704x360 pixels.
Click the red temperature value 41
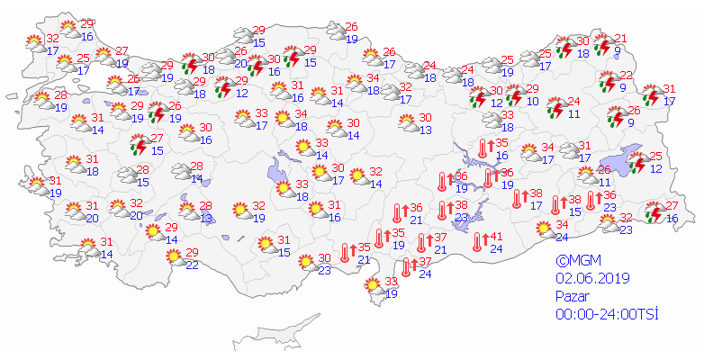[x=494, y=236]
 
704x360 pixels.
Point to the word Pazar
[x=572, y=295]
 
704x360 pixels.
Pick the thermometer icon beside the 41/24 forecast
[x=478, y=241]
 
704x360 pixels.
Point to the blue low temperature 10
[x=531, y=102]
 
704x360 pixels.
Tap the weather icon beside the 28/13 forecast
[x=187, y=211]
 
